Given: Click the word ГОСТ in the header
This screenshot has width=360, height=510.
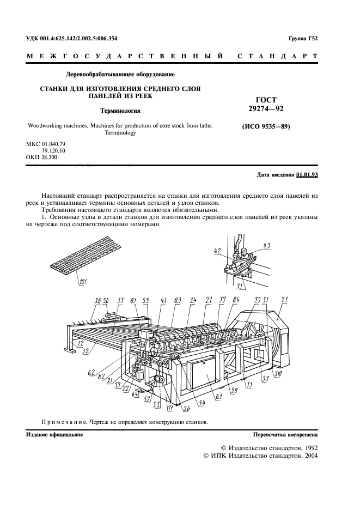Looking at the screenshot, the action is click(266, 100).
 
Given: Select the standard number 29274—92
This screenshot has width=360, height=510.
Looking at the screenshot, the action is click(266, 108).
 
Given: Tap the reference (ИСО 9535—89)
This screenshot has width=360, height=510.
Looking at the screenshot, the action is click(266, 126).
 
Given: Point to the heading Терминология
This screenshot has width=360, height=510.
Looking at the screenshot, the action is click(120, 111).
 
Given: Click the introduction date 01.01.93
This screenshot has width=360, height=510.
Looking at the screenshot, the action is click(307, 175).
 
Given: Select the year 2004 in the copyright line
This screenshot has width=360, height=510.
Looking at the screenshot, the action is click(310, 456).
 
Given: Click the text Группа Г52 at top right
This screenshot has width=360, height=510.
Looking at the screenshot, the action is click(303, 39).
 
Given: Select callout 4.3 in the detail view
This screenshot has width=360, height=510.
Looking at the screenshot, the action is click(267, 246).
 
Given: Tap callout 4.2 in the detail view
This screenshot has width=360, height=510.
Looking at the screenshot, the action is click(218, 251).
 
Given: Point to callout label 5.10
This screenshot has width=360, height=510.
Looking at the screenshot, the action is click(278, 374).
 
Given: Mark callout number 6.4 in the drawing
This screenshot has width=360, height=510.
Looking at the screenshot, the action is click(135, 394).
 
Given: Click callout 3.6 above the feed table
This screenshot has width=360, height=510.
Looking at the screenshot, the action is click(97, 301).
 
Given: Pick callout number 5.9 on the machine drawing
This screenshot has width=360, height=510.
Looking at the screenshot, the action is click(234, 392).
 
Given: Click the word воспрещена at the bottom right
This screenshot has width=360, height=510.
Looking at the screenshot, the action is click(304, 435).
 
